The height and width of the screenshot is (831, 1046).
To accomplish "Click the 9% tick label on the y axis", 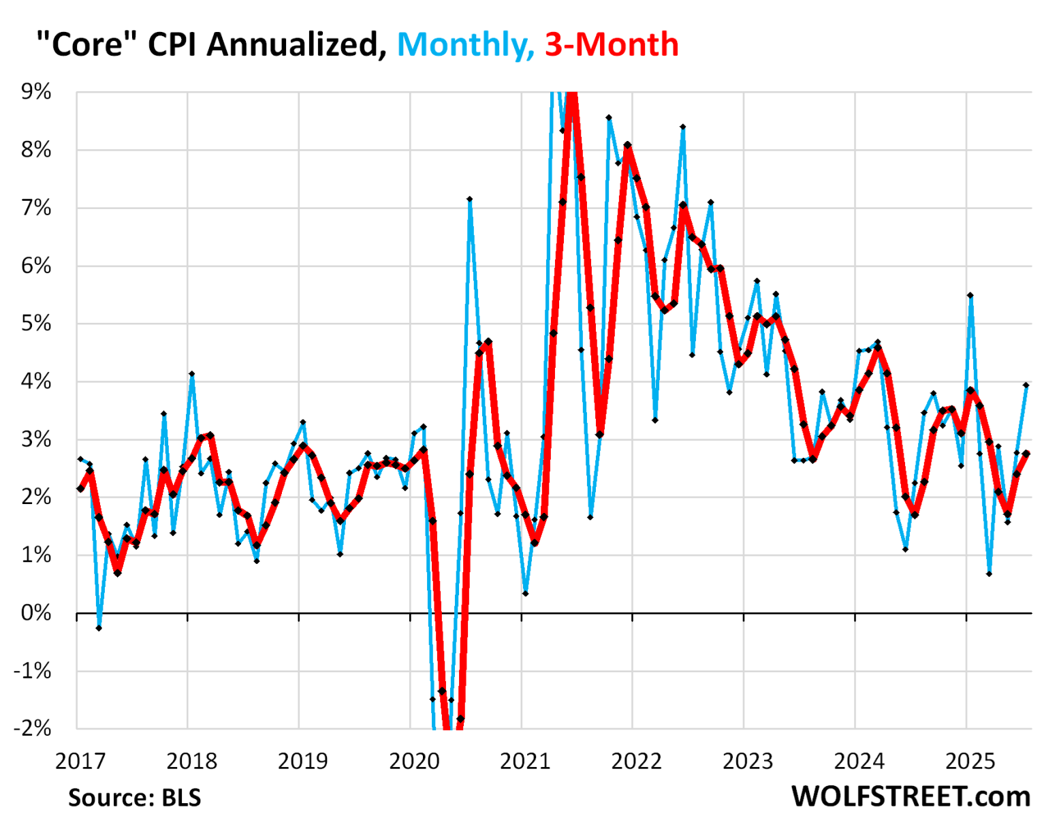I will (x=36, y=92).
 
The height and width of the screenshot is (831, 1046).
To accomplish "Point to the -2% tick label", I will (x=33, y=728).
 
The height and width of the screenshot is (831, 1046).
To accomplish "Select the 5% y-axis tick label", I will (x=36, y=324).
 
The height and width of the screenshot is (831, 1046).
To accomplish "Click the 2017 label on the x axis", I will (x=80, y=761).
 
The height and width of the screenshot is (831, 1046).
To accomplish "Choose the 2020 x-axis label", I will (x=414, y=761).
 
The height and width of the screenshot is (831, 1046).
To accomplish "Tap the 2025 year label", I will (x=970, y=761).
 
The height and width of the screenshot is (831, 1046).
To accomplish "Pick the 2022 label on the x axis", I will (x=637, y=761).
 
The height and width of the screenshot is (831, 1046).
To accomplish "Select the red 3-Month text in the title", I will (x=612, y=45).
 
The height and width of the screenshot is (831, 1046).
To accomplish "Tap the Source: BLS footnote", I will (x=135, y=798).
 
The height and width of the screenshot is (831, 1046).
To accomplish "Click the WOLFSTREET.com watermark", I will (x=911, y=796).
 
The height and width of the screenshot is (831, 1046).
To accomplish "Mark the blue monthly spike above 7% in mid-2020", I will (x=469, y=200).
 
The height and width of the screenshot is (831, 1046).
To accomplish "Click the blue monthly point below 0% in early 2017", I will (x=99, y=628).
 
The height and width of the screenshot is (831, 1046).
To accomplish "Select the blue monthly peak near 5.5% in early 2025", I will (x=970, y=296).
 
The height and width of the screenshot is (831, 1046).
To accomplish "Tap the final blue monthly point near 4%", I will (x=1026, y=385).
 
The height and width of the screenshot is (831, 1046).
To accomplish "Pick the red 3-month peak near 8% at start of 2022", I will (x=628, y=145).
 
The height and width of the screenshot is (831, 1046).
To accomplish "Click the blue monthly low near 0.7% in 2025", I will (x=989, y=574).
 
